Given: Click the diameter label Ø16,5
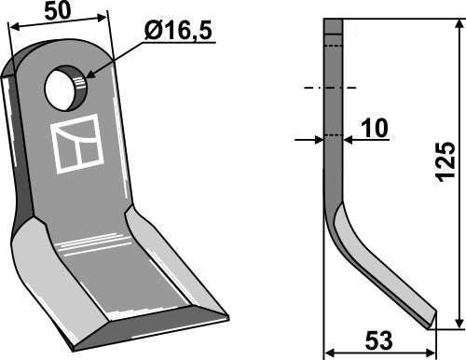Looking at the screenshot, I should click(x=179, y=31).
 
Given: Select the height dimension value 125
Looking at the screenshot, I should click(x=445, y=161).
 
